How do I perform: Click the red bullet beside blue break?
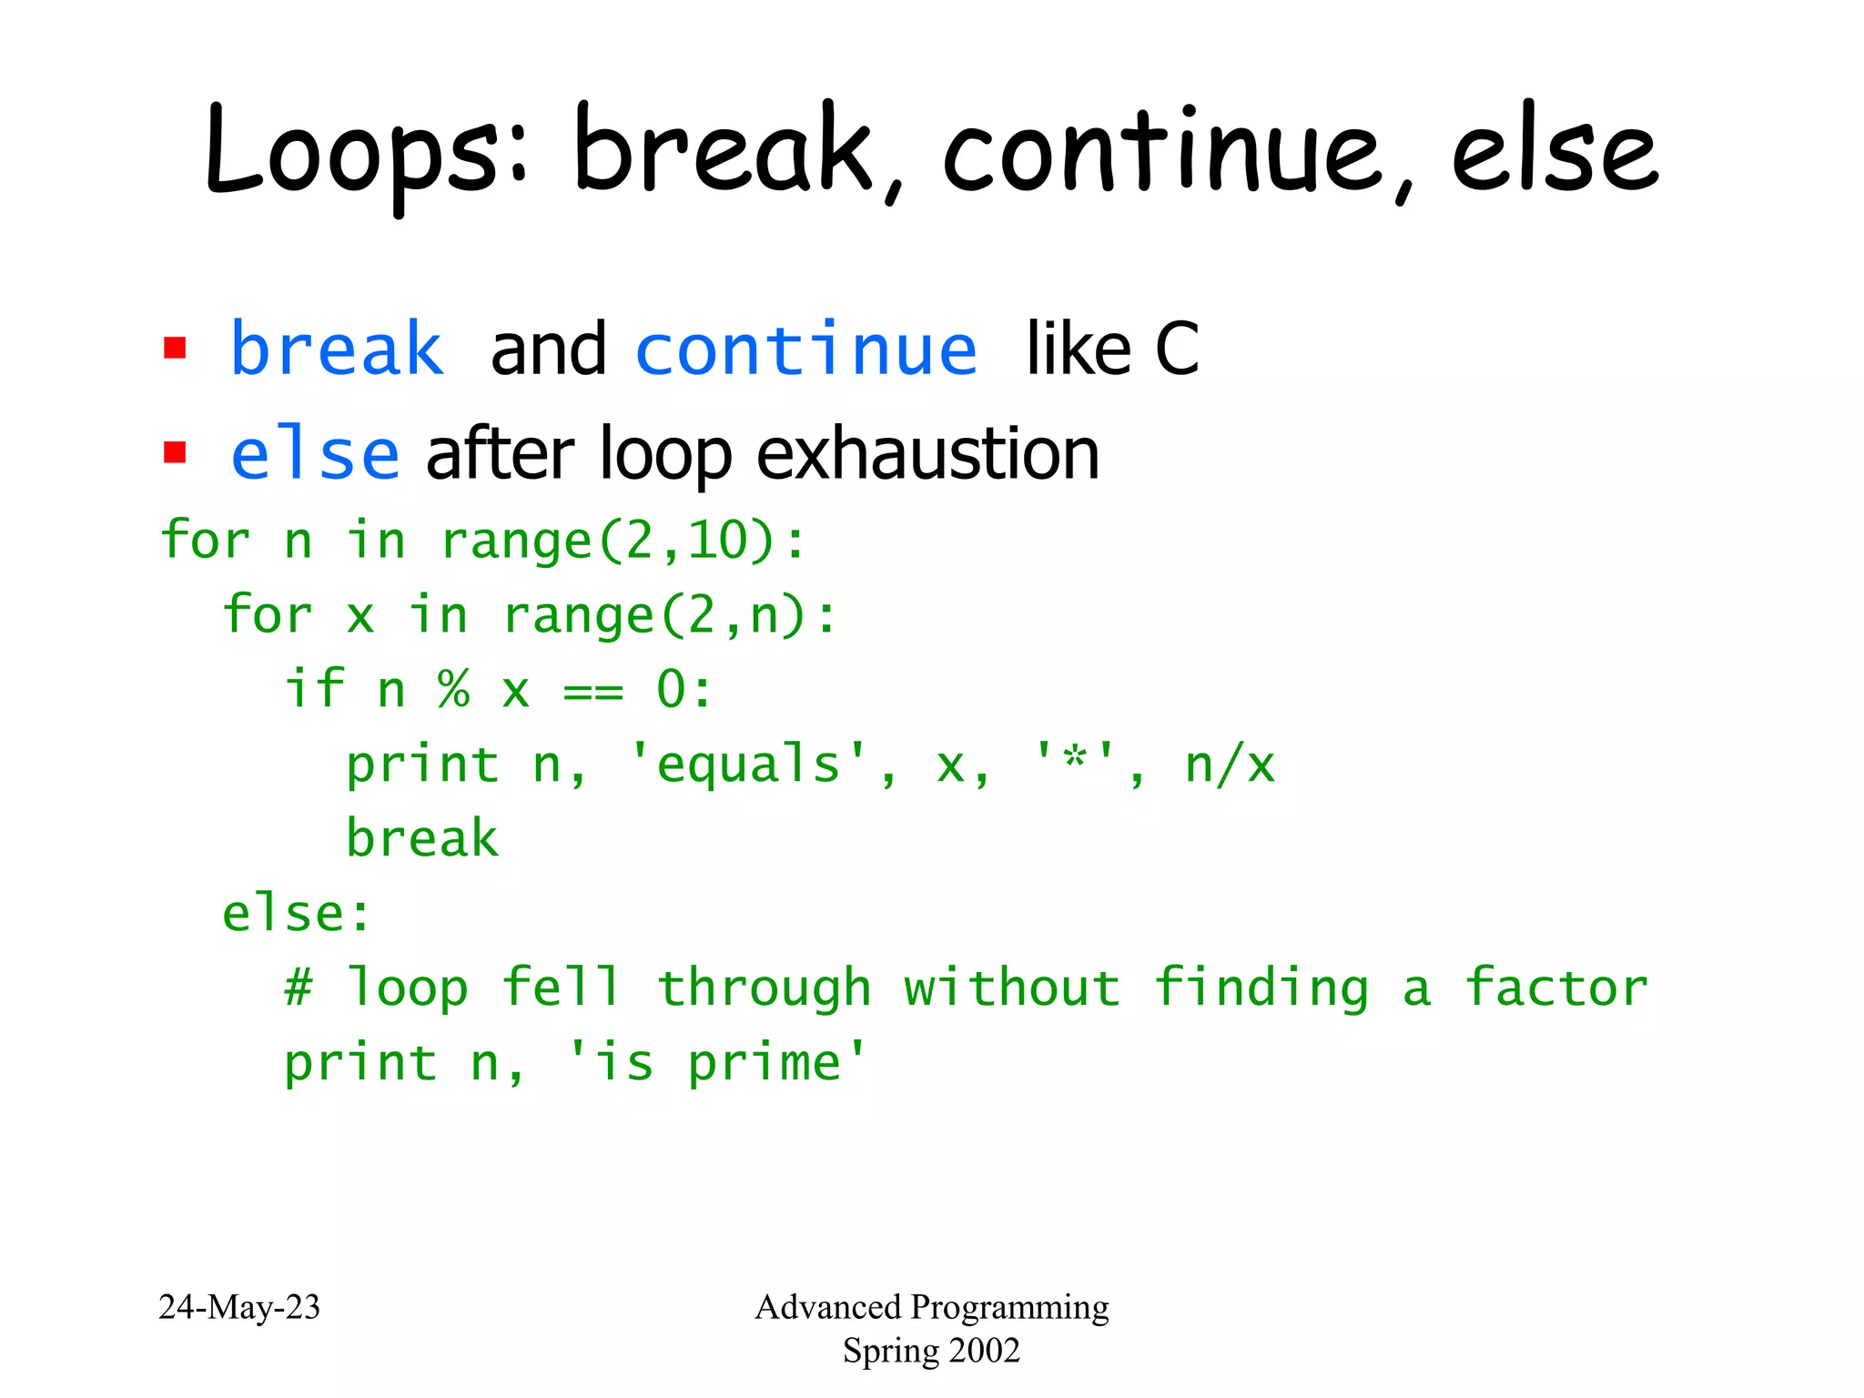pos(175,349)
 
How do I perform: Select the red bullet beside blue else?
pos(175,452)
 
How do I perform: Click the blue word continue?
pos(806,349)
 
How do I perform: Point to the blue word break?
pos(337,349)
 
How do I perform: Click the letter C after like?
pos(1176,349)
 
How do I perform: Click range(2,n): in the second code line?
pos(669,615)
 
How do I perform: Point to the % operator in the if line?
pos(453,689)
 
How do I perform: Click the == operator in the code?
pos(593,692)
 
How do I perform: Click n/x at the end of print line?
pos(1229,765)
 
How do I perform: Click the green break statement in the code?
pos(422,838)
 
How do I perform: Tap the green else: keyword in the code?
pos(297,913)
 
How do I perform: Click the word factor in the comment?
pos(1555,988)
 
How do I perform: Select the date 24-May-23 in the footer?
pos(239,1307)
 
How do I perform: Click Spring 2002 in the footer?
pos(931,1351)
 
